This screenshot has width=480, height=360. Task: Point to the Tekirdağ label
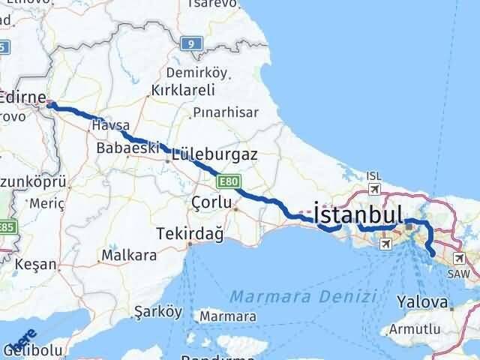click(190, 234)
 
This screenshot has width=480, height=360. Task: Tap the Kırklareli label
click(183, 90)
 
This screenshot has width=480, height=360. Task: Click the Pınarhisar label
click(225, 112)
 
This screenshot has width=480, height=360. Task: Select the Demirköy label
click(196, 72)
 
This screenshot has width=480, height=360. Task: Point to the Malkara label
click(129, 255)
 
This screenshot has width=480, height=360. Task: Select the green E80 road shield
click(228, 181)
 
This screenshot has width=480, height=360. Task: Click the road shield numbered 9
click(192, 45)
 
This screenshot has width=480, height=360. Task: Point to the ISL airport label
click(373, 176)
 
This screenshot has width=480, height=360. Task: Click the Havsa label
click(110, 125)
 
